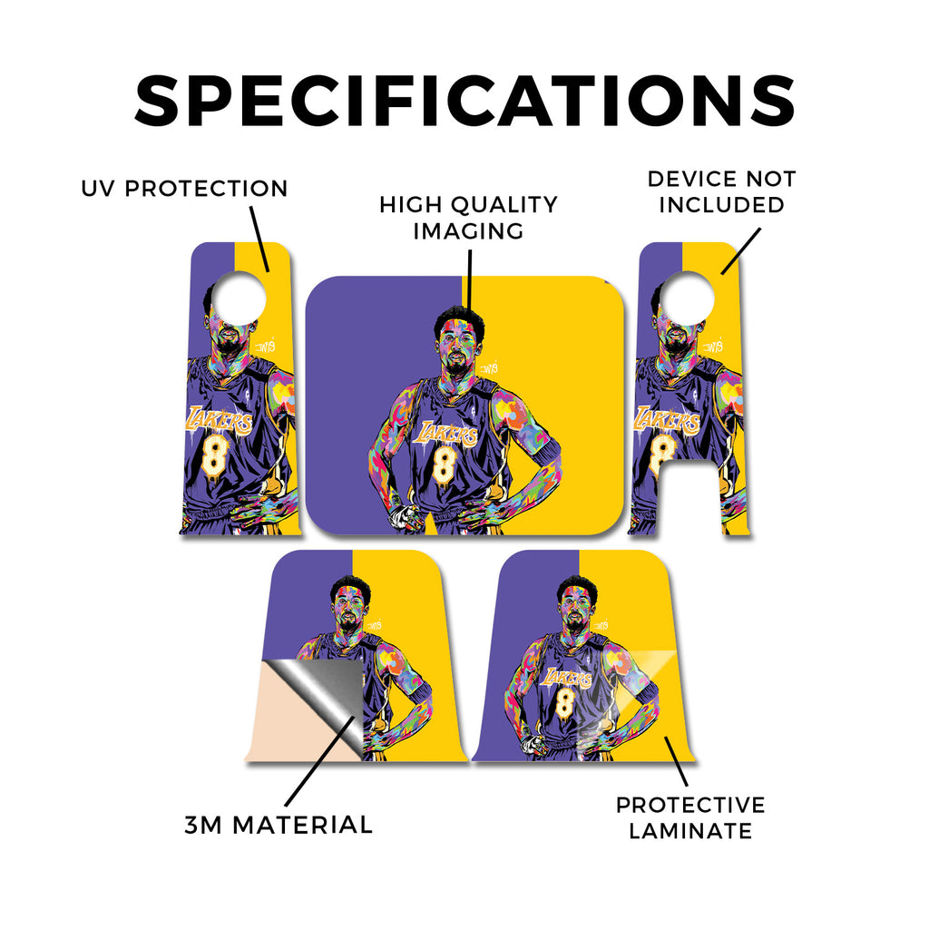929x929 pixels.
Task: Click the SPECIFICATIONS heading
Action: pyautogui.click(x=464, y=101)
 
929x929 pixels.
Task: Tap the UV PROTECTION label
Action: pyautogui.click(x=184, y=189)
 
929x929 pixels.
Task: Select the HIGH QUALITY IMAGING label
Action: pyautogui.click(x=469, y=218)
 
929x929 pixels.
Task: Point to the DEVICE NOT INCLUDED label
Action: pyautogui.click(x=721, y=191)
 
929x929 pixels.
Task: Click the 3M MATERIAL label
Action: pyautogui.click(x=279, y=825)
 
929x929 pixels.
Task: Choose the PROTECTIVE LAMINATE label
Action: pyautogui.click(x=690, y=817)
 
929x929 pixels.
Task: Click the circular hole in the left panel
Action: pyautogui.click(x=239, y=298)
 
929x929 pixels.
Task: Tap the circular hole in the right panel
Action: pyautogui.click(x=688, y=298)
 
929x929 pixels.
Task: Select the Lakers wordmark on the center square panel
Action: pyautogui.click(x=445, y=434)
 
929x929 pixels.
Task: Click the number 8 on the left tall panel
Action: pyautogui.click(x=214, y=456)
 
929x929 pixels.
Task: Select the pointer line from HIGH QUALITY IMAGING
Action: pyautogui.click(x=469, y=279)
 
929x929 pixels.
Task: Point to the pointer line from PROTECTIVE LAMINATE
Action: pyautogui.click(x=676, y=761)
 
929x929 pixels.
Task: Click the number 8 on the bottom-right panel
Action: pyautogui.click(x=565, y=702)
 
